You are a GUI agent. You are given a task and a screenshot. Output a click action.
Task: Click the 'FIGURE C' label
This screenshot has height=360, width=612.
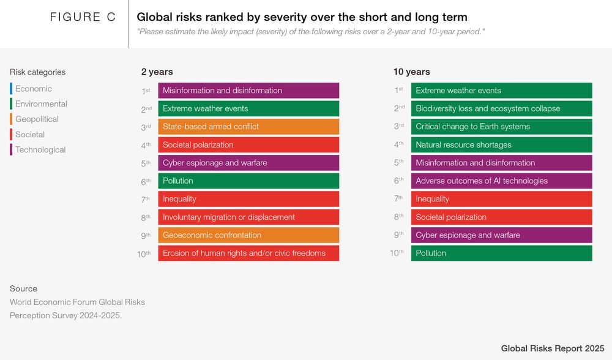pyautogui.click(x=83, y=17)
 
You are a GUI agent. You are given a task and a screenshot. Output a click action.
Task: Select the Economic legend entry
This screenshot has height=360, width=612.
pyautogui.click(x=33, y=89)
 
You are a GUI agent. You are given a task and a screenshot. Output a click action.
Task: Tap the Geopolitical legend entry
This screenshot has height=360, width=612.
pyautogui.click(x=37, y=119)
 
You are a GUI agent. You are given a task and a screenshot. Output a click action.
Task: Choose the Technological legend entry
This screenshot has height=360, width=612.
pyautogui.click(x=40, y=150)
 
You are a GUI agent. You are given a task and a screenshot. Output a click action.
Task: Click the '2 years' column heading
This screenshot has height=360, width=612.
pyautogui.click(x=157, y=72)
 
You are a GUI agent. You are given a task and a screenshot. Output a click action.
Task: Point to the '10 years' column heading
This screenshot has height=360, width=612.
pyautogui.click(x=411, y=72)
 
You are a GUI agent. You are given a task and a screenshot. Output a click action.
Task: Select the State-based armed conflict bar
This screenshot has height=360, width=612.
pyautogui.click(x=248, y=127)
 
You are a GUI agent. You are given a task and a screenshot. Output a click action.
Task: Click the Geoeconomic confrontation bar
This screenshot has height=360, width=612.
pyautogui.click(x=248, y=235)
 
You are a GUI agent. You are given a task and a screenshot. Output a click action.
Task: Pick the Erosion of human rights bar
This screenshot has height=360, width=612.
pyautogui.click(x=248, y=253)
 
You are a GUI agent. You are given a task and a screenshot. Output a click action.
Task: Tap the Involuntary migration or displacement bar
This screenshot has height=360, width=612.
pyautogui.click(x=248, y=217)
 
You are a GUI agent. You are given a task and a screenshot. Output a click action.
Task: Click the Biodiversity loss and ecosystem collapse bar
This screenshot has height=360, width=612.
pyautogui.click(x=501, y=108)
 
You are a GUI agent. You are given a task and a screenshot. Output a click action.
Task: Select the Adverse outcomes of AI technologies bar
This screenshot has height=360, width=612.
pyautogui.click(x=501, y=181)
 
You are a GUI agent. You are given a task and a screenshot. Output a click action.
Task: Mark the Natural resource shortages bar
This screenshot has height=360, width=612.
pyautogui.click(x=501, y=145)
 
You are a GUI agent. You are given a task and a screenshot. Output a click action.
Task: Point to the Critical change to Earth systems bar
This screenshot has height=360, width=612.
pyautogui.click(x=501, y=127)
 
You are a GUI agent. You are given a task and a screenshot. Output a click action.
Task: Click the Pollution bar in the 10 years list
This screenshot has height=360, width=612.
pyautogui.click(x=501, y=253)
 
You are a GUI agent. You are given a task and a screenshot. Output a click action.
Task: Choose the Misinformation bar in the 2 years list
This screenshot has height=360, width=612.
pyautogui.click(x=248, y=91)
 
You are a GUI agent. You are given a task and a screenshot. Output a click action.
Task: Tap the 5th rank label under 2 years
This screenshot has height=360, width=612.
pyautogui.click(x=146, y=163)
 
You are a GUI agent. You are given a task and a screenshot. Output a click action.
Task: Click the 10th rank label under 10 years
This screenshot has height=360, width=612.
pyautogui.click(x=397, y=253)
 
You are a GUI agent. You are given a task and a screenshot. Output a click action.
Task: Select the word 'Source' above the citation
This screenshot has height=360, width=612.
pyautogui.click(x=23, y=289)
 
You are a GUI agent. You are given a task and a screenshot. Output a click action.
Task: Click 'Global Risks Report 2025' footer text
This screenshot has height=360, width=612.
pyautogui.click(x=553, y=348)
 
